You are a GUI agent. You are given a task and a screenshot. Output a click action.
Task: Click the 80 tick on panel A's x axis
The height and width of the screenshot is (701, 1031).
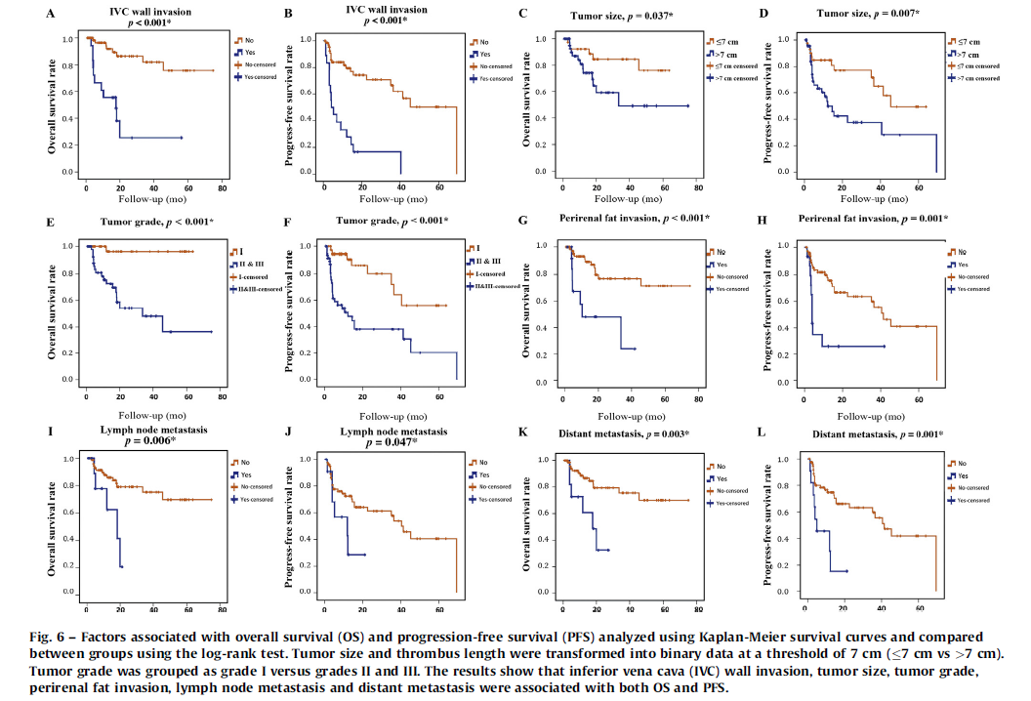[x=223, y=186]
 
